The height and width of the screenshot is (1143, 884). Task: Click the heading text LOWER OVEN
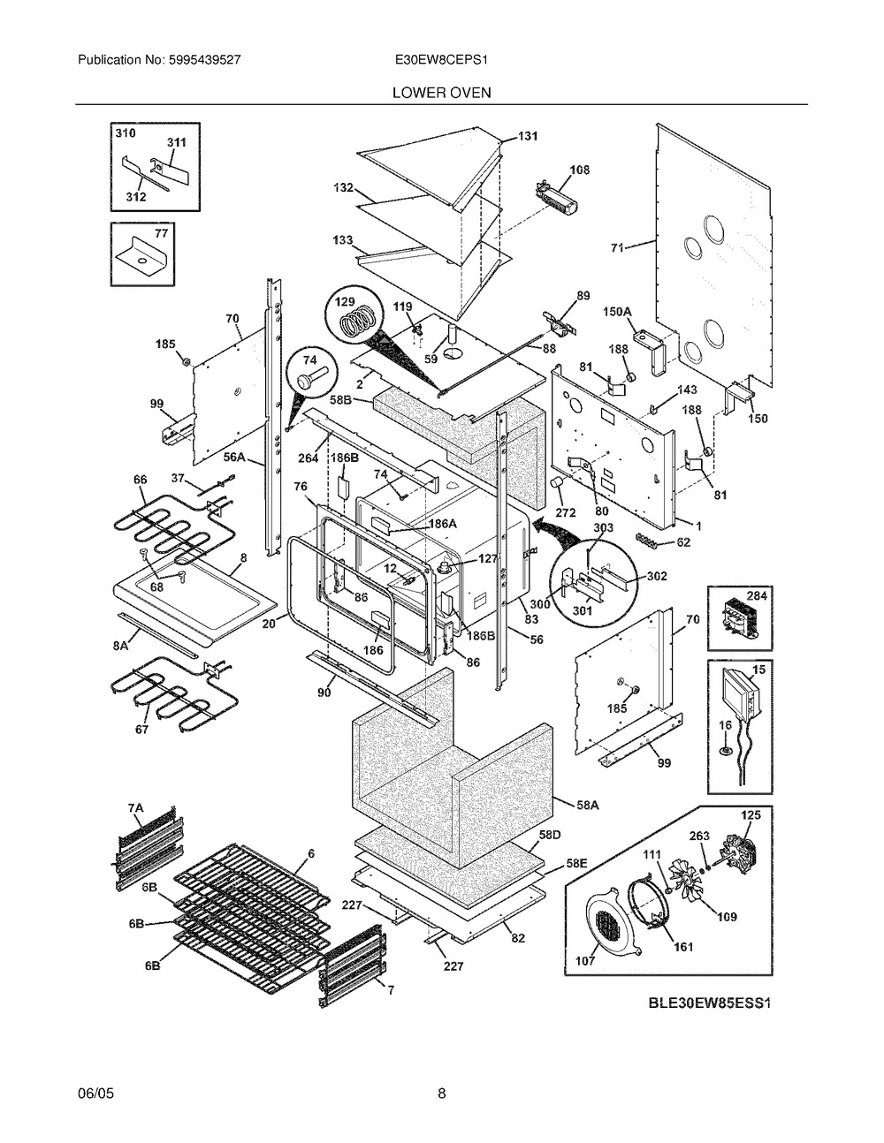(x=441, y=93)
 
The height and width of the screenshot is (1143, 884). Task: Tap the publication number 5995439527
(x=205, y=60)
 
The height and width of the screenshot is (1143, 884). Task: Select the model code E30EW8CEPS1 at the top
(x=441, y=60)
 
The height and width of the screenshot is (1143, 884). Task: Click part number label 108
(x=579, y=170)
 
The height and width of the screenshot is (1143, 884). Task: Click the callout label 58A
(x=587, y=805)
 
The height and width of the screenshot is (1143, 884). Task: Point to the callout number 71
(x=617, y=246)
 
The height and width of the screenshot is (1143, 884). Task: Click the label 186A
(x=443, y=524)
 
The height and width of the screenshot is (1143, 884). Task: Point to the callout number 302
(x=657, y=576)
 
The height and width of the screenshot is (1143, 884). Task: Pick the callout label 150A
(x=617, y=312)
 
